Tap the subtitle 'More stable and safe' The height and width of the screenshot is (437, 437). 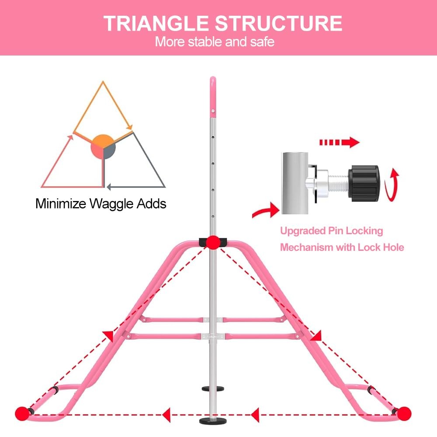[x=215, y=42]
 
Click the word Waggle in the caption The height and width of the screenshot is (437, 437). [x=110, y=204]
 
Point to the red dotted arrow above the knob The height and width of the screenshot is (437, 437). [x=339, y=142]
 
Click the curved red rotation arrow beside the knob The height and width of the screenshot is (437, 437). [x=394, y=184]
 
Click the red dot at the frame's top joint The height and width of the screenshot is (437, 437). [x=213, y=242]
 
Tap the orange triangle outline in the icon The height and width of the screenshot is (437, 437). [x=103, y=109]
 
